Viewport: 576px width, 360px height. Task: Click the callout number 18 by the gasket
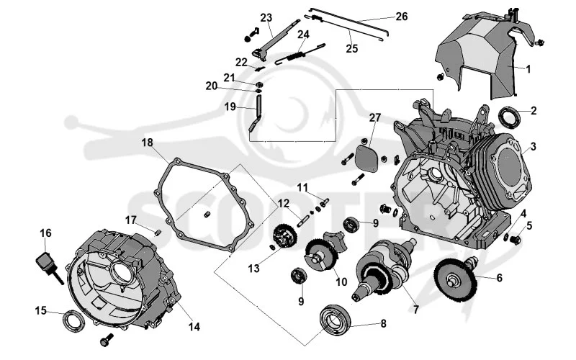coord(148,143)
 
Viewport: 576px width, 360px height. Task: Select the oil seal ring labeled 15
coord(74,320)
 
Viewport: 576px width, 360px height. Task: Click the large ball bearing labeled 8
coord(335,318)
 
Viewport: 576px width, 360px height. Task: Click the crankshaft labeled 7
coord(384,269)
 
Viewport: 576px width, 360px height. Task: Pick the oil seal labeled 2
coord(510,115)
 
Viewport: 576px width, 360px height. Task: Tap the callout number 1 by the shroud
coord(528,69)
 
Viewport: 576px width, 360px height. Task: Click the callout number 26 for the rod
coord(402,16)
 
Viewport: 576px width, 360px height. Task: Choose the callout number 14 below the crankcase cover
coord(194,326)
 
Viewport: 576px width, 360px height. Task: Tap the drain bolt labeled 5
coord(516,240)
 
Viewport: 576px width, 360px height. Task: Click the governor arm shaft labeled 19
coord(256,113)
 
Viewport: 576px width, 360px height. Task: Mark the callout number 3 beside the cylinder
coord(533,146)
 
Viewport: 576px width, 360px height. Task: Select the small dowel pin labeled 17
coord(158,233)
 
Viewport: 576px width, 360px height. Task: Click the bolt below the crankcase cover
coord(107,340)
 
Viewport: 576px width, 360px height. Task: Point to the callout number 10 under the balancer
coord(341,282)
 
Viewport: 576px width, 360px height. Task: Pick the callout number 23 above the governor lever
coord(266,17)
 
